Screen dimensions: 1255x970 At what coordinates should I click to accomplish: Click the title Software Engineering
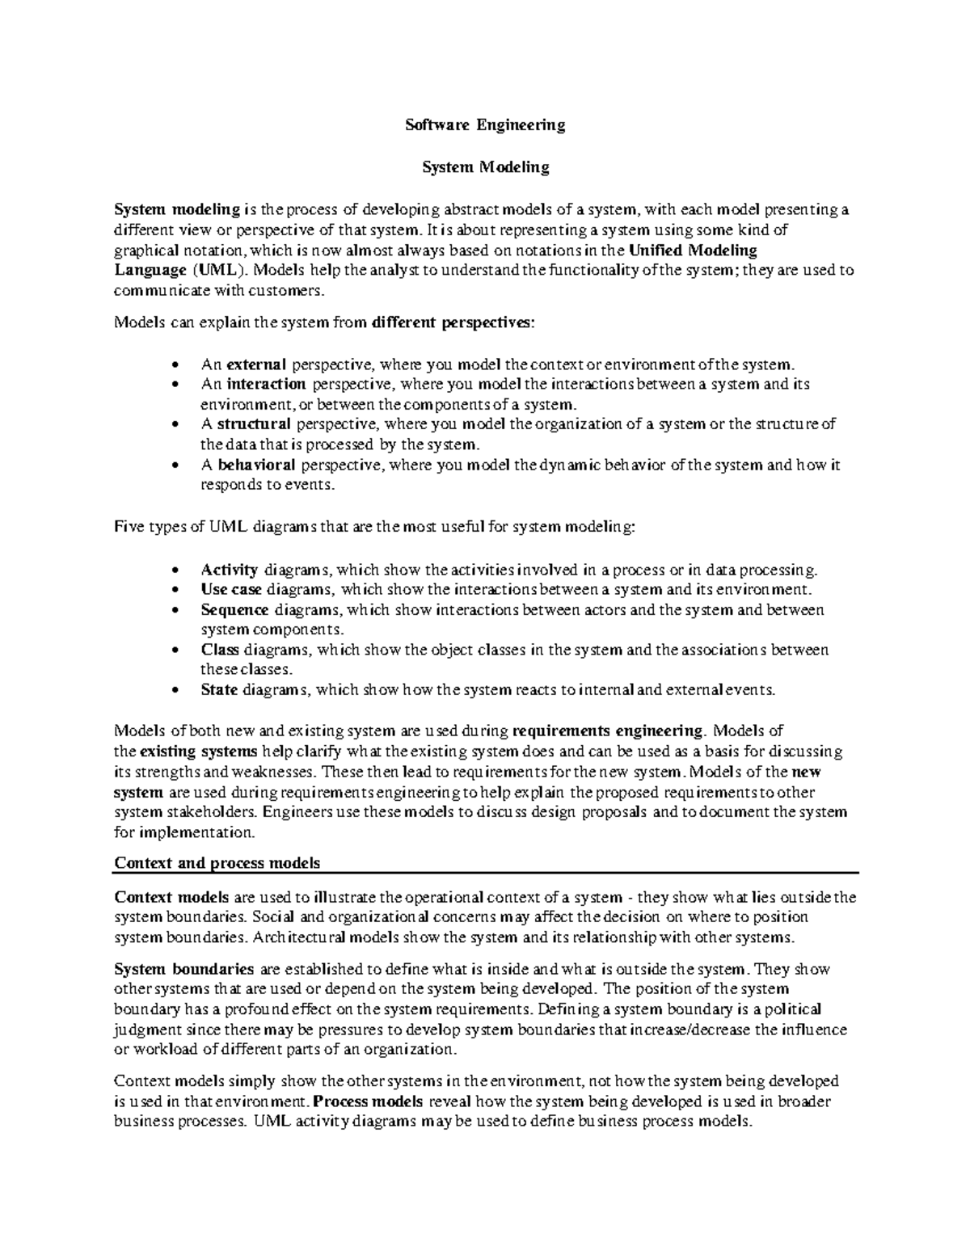pyautogui.click(x=484, y=125)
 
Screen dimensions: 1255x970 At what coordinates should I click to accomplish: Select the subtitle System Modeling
pyautogui.click(x=486, y=167)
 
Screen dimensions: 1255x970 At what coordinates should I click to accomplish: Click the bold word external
pyautogui.click(x=256, y=364)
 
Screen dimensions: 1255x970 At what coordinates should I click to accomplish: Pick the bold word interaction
pyautogui.click(x=266, y=384)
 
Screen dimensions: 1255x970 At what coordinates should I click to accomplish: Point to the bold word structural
pyautogui.click(x=253, y=424)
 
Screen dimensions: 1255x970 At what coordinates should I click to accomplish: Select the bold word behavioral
pyautogui.click(x=256, y=465)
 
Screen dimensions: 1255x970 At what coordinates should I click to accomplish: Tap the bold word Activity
pyautogui.click(x=229, y=569)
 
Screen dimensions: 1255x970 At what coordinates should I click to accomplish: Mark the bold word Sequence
pyautogui.click(x=234, y=609)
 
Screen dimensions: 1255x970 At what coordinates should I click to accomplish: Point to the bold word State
pyautogui.click(x=219, y=690)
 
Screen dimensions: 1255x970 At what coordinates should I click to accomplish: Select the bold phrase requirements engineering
pyautogui.click(x=609, y=731)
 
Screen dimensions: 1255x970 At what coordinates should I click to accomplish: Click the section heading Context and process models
pyautogui.click(x=217, y=863)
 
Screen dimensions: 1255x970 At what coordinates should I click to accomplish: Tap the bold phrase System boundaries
pyautogui.click(x=184, y=969)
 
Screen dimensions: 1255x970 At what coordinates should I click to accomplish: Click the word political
pyautogui.click(x=794, y=1009)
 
